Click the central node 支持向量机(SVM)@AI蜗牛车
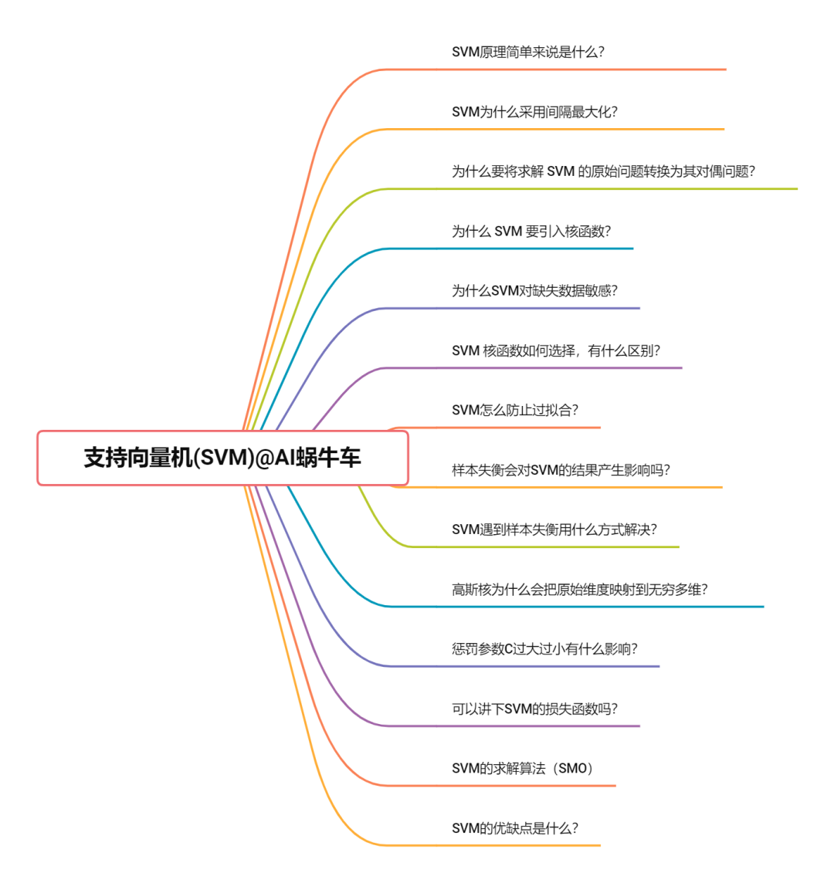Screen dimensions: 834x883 [x=222, y=458]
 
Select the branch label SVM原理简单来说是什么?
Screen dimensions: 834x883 [x=527, y=52]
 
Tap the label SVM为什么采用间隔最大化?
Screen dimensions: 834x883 [x=534, y=112]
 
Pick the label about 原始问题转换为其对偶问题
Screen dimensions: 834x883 [x=603, y=171]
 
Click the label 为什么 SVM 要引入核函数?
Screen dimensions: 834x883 [x=531, y=232]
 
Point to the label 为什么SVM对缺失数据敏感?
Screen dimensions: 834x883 [x=534, y=291]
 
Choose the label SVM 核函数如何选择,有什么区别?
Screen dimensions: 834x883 [x=556, y=351]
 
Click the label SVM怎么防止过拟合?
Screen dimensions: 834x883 [x=514, y=411]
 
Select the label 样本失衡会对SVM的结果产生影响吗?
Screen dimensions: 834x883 [x=561, y=470]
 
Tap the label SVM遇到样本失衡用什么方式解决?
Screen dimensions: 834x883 [x=554, y=529]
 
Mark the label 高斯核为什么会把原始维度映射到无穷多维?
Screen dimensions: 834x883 [x=579, y=590]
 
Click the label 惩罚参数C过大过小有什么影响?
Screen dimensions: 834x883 [x=544, y=649]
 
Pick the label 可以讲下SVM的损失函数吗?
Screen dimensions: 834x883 [x=534, y=709]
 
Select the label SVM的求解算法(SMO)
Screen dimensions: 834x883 [x=523, y=769]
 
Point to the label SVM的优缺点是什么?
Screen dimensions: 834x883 [x=514, y=828]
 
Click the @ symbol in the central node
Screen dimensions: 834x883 [x=264, y=458]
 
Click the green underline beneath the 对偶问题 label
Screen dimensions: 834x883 [x=618, y=188]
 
